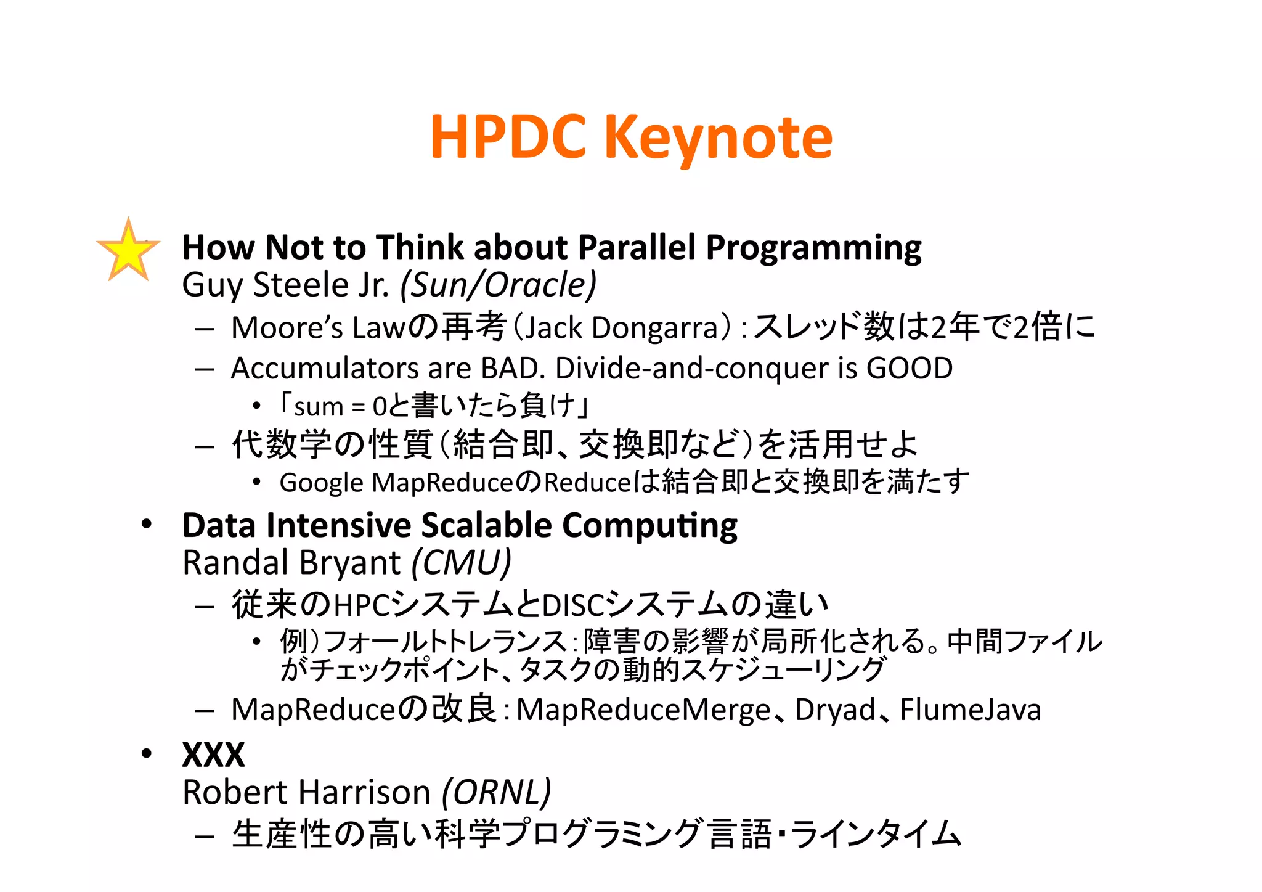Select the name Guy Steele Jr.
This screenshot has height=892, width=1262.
285,285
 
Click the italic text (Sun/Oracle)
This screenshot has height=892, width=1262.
499,285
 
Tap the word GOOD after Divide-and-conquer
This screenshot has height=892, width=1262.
910,368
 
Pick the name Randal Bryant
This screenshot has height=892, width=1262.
291,563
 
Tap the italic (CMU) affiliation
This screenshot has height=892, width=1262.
462,563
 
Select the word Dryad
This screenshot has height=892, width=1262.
835,710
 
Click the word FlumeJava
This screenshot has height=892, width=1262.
970,710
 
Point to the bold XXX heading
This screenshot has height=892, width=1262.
213,755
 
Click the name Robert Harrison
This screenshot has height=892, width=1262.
306,792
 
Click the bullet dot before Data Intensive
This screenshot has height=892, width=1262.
146,525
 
